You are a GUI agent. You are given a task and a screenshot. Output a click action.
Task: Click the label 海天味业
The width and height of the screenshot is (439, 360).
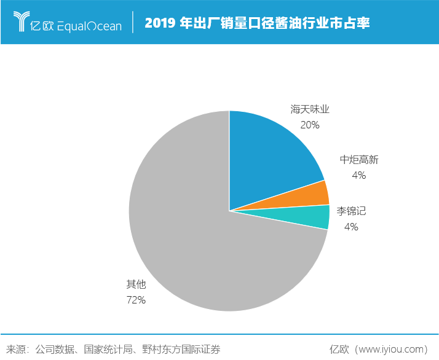(310, 110)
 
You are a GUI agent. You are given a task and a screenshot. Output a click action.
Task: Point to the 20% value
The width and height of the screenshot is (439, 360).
(310, 125)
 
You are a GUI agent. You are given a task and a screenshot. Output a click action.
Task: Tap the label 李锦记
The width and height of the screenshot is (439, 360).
(350, 211)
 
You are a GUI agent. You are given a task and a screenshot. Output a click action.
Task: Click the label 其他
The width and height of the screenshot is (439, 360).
(136, 284)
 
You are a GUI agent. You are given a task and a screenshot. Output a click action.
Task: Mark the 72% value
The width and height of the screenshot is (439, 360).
(136, 300)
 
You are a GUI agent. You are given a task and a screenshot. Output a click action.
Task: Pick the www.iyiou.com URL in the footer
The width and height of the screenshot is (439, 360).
(391, 349)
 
